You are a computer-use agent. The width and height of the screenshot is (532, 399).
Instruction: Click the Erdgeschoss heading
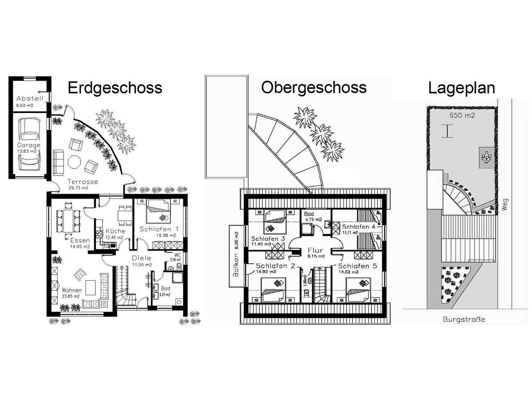[115, 88]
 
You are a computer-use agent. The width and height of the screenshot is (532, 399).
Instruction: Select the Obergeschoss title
[314, 87]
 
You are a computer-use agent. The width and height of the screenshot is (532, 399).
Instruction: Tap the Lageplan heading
[461, 88]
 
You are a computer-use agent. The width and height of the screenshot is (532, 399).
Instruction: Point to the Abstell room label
[29, 98]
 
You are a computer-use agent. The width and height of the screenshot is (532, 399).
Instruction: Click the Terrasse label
[82, 182]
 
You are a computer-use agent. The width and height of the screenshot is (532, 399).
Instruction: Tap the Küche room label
[114, 231]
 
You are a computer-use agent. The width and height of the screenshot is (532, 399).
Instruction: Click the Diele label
[141, 258]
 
